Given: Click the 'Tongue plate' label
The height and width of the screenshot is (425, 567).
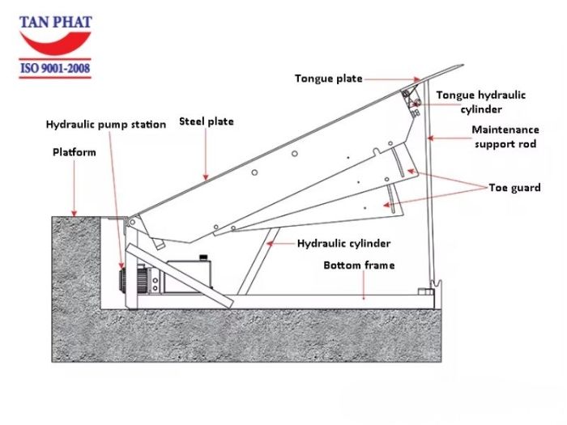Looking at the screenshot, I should pos(328,79).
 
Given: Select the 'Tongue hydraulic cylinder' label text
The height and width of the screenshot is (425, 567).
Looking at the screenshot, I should pos(480,102).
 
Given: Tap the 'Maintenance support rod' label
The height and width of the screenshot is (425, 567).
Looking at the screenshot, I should pos(505,137).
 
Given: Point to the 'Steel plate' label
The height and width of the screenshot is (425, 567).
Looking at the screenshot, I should pos(206,121).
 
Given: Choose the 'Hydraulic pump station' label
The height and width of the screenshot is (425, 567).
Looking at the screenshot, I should pos(105,125).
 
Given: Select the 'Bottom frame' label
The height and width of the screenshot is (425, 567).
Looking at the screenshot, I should pos(359,266).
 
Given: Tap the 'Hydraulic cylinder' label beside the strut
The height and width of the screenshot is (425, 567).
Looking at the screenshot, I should pos(343,243).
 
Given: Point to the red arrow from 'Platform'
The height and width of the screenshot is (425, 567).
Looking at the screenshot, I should pos(74,186).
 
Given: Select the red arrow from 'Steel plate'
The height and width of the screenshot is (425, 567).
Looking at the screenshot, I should pos(206,154).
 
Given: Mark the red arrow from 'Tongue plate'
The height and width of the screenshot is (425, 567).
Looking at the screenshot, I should pos(393,79).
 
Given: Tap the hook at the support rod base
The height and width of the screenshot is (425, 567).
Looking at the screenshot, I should pos(438,286).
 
